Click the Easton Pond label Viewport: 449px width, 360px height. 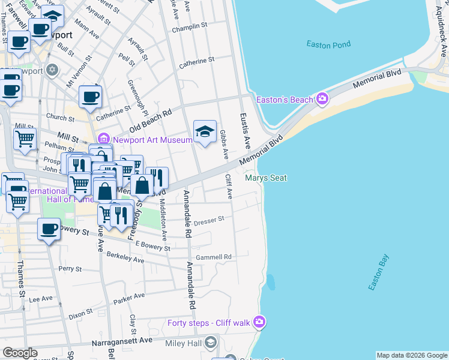click(328, 44)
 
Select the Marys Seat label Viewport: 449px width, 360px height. click(265, 178)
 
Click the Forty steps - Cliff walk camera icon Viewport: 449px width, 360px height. click(259, 323)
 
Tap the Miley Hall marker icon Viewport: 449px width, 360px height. click(210, 342)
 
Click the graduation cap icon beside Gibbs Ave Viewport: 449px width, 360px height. click(205, 132)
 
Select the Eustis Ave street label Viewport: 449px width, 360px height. click(244, 131)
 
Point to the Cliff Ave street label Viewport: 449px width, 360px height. click(228, 187)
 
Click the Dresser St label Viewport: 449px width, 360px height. click(209, 220)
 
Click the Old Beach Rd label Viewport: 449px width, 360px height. click(151, 121)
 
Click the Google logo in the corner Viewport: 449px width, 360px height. click(20, 353)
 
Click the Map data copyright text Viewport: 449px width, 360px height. click(412, 355)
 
